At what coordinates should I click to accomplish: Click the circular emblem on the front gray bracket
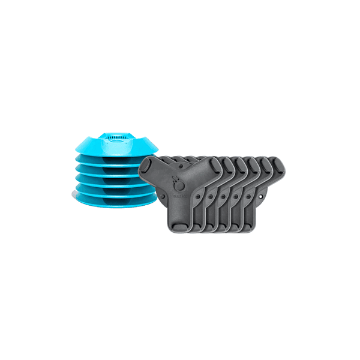pyautogui.click(x=178, y=181)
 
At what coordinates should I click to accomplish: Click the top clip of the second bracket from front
pyautogui.click(x=223, y=163)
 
